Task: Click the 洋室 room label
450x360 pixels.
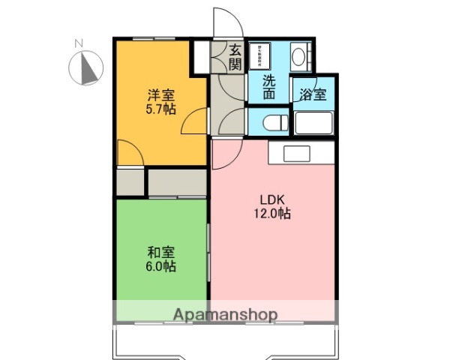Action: pyautogui.click(x=160, y=95)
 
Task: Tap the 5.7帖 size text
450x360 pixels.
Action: pyautogui.click(x=160, y=109)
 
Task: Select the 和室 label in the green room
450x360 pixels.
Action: pyautogui.click(x=160, y=253)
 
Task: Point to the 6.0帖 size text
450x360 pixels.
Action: pyautogui.click(x=160, y=267)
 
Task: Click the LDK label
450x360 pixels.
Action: pyautogui.click(x=272, y=200)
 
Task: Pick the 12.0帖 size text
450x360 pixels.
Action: pyautogui.click(x=272, y=214)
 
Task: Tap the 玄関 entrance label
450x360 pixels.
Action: pyautogui.click(x=235, y=58)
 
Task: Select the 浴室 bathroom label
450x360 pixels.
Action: pyautogui.click(x=313, y=95)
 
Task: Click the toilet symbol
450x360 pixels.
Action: pyautogui.click(x=270, y=122)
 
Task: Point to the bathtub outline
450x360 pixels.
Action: pyautogui.click(x=313, y=123)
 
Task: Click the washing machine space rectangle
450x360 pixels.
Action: pyautogui.click(x=267, y=55)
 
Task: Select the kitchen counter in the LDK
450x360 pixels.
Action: pyautogui.click(x=295, y=153)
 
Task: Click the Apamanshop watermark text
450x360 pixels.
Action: pyautogui.click(x=225, y=314)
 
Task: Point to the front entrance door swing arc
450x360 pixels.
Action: pyautogui.click(x=223, y=21)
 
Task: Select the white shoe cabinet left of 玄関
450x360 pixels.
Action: pyautogui.click(x=200, y=58)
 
